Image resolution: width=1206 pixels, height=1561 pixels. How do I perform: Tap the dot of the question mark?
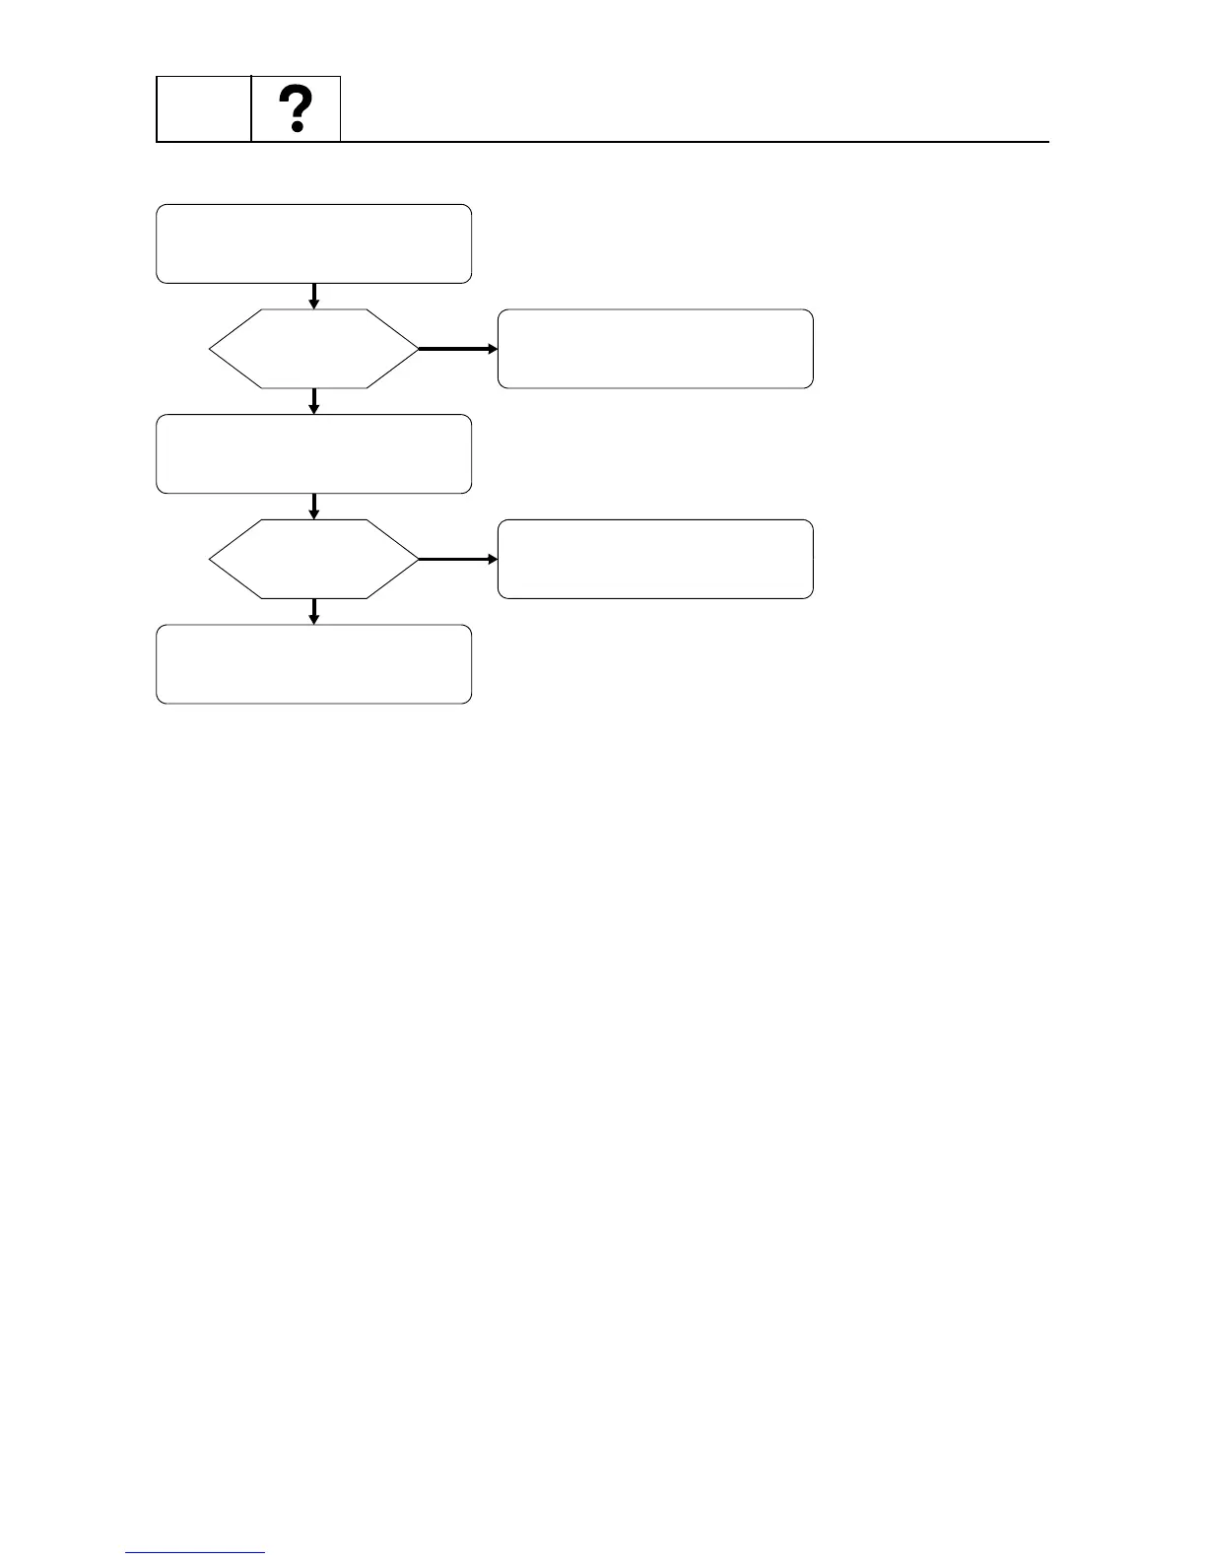point(296,127)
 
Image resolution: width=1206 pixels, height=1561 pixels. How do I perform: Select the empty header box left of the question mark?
point(204,108)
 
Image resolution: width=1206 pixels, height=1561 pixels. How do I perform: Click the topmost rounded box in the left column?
point(313,243)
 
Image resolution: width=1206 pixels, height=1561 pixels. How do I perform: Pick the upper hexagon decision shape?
point(313,349)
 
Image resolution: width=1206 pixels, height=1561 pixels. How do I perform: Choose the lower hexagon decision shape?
point(313,559)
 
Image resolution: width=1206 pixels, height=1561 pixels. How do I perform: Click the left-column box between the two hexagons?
point(313,453)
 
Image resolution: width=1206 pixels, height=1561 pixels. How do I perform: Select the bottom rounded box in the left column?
point(313,663)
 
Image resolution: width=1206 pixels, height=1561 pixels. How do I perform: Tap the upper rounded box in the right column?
point(655,349)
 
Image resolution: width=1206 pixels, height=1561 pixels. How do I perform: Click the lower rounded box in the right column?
point(655,559)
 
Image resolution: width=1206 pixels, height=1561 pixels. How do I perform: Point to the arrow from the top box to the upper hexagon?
point(313,296)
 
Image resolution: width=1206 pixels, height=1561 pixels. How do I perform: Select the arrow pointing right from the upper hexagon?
point(458,349)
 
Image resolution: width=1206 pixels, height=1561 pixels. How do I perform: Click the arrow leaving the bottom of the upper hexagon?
point(313,401)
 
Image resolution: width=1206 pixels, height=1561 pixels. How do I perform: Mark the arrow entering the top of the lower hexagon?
point(313,507)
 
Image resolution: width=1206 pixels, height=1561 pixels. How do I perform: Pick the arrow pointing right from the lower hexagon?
point(458,559)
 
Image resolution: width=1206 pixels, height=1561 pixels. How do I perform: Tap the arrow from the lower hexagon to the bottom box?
point(313,611)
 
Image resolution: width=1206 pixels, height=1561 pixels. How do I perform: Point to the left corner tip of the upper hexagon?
point(211,349)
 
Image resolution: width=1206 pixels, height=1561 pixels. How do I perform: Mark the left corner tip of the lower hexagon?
point(211,559)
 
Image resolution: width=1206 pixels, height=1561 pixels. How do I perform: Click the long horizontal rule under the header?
point(690,142)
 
